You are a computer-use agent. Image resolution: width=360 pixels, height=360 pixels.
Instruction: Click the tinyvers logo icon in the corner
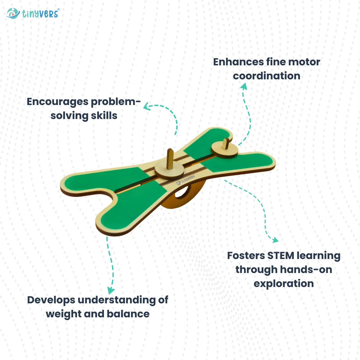pyautogui.click(x=13, y=13)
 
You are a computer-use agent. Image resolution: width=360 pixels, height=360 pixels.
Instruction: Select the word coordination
pyautogui.click(x=266, y=76)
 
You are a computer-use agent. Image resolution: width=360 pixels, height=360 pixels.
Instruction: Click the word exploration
pyautogui.click(x=284, y=283)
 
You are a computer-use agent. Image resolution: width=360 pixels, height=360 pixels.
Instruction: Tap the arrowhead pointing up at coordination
pyautogui.click(x=244, y=86)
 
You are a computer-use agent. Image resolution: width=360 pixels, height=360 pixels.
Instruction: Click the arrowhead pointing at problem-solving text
pyautogui.click(x=146, y=106)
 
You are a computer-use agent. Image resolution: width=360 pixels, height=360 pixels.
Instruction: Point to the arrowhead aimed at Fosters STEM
pyautogui.click(x=275, y=240)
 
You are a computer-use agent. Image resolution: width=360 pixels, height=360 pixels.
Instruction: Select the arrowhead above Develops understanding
pyautogui.click(x=110, y=291)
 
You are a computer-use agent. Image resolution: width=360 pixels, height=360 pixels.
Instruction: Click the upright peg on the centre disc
pyautogui.click(x=170, y=157)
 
